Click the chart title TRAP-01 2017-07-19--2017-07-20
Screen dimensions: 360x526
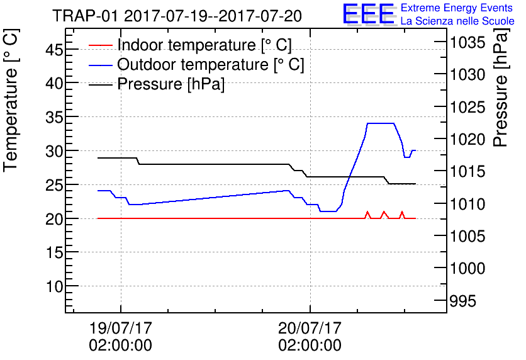coord(177,16)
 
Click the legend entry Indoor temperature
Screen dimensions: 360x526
coord(204,45)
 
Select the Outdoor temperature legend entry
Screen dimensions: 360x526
coord(211,64)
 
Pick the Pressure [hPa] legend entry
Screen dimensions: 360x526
coord(171,84)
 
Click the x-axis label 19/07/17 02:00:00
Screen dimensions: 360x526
coord(121,337)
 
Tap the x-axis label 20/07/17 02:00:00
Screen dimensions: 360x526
coord(310,337)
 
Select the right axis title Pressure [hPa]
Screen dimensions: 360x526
coord(501,94)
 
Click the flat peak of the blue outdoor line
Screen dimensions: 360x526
coord(380,123)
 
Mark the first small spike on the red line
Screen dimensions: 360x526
coord(367,212)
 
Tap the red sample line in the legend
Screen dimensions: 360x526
coord(101,45)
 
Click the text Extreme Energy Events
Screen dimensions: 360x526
coord(457,8)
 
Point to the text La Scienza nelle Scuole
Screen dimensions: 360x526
coord(457,21)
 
